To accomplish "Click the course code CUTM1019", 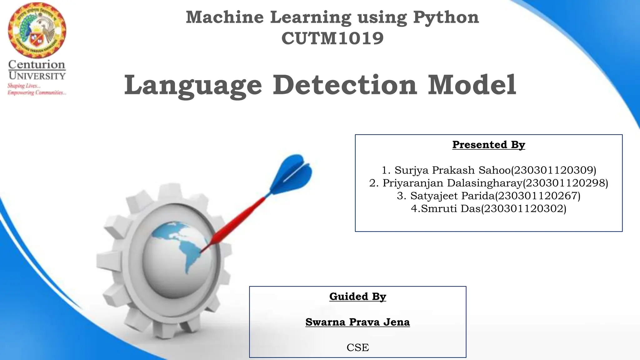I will [332, 38].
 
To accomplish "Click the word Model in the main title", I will [472, 85].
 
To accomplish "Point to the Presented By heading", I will [488, 145].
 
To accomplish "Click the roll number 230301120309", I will [553, 170].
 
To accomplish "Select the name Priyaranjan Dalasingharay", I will [452, 183].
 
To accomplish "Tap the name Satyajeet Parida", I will [452, 196].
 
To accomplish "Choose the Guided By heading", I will [357, 296].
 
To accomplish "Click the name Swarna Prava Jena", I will [357, 322].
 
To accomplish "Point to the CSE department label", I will [357, 347].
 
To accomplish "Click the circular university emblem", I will [37, 31].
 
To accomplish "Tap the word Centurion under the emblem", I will [37, 65].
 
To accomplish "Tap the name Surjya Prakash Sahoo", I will [452, 170].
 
